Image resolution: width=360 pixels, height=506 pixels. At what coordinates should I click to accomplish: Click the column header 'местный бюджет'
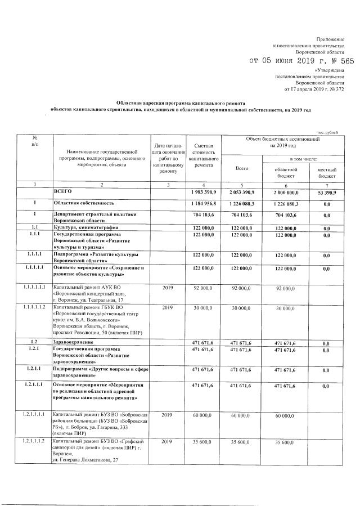(x=327, y=172)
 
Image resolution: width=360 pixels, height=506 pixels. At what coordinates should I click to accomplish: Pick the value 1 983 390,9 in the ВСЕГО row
(x=203, y=192)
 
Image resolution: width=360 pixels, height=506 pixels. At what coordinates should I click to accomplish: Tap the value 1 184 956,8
(x=203, y=203)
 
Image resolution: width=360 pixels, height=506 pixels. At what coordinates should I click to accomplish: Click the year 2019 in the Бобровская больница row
(x=168, y=415)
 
